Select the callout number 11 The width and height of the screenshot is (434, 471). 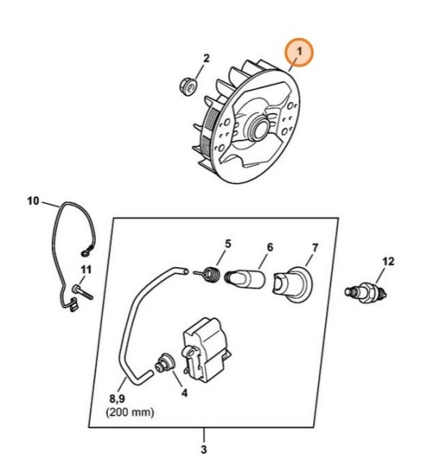click(x=86, y=270)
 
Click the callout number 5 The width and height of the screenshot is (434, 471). click(x=228, y=243)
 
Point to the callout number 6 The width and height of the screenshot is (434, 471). click(x=269, y=247)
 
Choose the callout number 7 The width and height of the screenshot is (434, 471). click(x=315, y=247)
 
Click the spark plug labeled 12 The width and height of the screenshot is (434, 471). click(x=367, y=290)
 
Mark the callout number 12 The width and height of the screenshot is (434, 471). click(x=388, y=261)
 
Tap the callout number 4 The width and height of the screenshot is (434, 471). click(x=184, y=392)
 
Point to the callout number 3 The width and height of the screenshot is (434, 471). click(x=204, y=449)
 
